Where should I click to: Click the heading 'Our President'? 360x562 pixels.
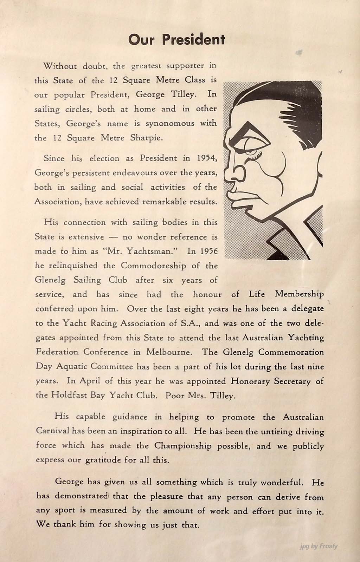[176, 40]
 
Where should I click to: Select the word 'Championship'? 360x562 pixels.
[183, 446]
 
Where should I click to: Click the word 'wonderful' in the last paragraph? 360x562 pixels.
[282, 483]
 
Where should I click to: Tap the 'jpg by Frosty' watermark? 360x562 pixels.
[319, 546]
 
